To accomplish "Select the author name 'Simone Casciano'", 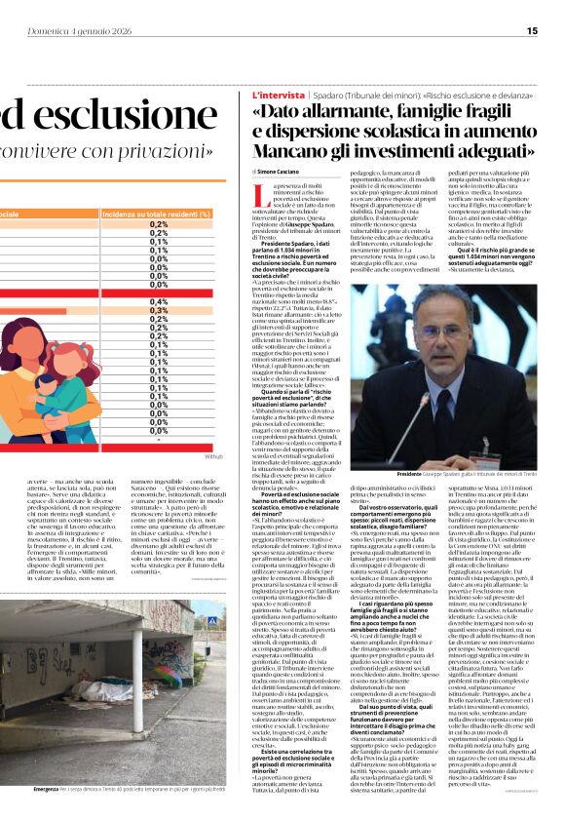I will click(x=282, y=171).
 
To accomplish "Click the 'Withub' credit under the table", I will click(x=213, y=455).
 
